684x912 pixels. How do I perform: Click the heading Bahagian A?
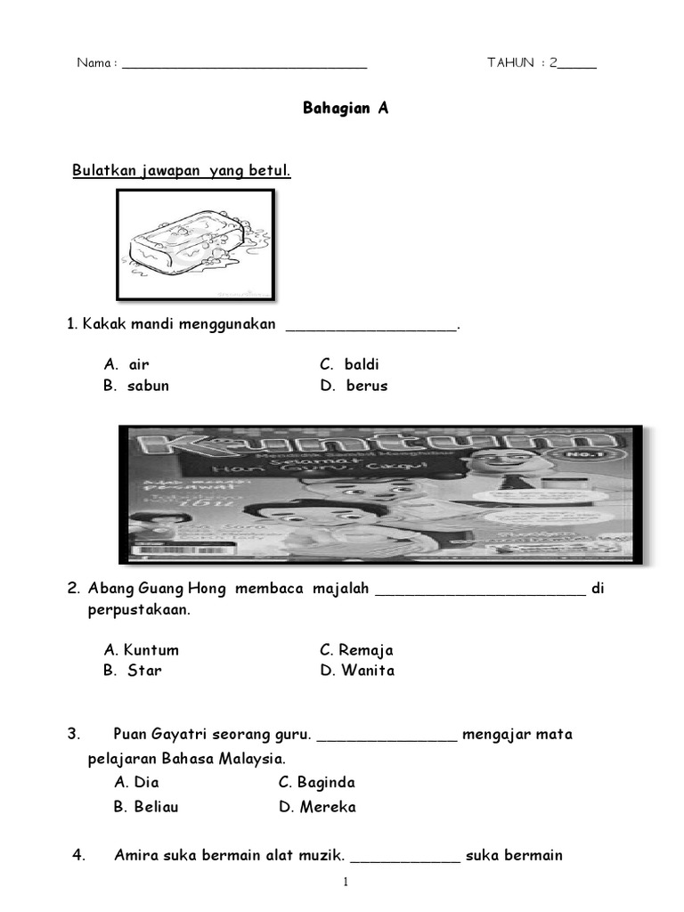click(x=346, y=109)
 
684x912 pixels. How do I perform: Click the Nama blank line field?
click(x=244, y=64)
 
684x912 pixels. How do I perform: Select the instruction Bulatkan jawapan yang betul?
click(x=182, y=170)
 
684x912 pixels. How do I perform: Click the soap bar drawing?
click(x=194, y=247)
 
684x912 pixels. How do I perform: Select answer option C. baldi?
click(x=350, y=364)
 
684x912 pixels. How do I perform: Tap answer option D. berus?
click(x=354, y=386)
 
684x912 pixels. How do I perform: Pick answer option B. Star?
click(x=134, y=671)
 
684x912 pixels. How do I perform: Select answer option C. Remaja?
click(x=357, y=650)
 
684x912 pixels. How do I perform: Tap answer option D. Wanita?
click(x=357, y=671)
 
